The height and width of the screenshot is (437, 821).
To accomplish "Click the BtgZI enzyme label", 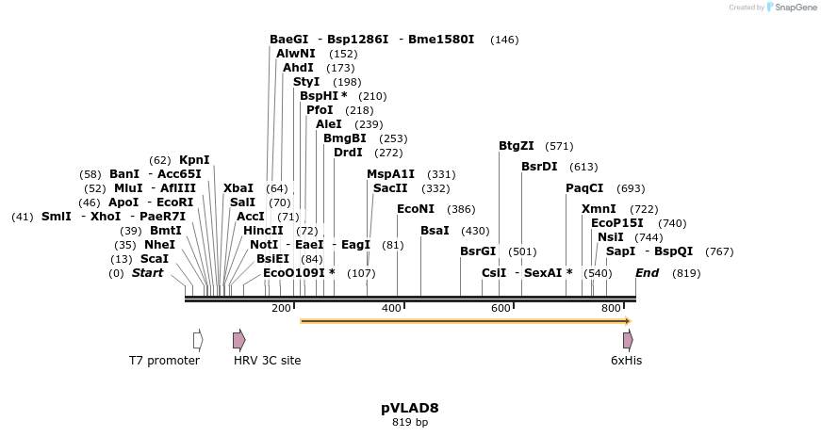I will (517, 146).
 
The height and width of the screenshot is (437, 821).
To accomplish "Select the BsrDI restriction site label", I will (539, 167).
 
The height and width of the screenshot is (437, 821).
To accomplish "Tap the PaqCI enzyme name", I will (584, 188).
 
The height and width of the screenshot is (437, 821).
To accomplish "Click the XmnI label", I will (599, 209).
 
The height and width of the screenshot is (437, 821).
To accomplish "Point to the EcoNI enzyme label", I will (416, 209).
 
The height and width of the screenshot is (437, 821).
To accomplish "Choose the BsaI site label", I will (435, 231).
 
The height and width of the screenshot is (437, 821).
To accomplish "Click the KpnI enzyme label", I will (194, 160).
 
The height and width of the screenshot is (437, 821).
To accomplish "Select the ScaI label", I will (155, 259).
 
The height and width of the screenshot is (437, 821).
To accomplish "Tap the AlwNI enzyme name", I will (296, 54).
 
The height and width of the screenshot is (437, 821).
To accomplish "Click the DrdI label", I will (348, 153).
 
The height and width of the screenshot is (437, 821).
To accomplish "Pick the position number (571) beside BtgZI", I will (559, 146).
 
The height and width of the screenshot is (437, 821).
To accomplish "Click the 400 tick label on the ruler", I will (391, 309).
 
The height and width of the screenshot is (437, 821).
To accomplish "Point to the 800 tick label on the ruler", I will (611, 309).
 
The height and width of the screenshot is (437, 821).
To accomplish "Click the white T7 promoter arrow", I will (198, 339).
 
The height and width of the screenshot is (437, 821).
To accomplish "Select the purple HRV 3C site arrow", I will (239, 339).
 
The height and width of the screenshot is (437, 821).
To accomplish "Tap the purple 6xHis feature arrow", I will (628, 339).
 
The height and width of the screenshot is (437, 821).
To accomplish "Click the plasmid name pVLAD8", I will (410, 409).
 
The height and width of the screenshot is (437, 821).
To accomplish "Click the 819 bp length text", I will (410, 423).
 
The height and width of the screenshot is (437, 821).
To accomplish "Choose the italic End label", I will (648, 273).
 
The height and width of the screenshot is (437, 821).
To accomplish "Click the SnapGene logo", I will (790, 8).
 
